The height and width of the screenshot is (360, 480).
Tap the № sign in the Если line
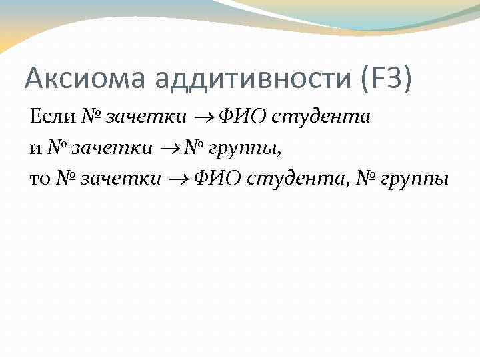91,117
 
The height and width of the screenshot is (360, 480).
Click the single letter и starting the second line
35,149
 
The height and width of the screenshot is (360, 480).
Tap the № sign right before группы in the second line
196,148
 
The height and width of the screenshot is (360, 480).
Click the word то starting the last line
41,179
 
